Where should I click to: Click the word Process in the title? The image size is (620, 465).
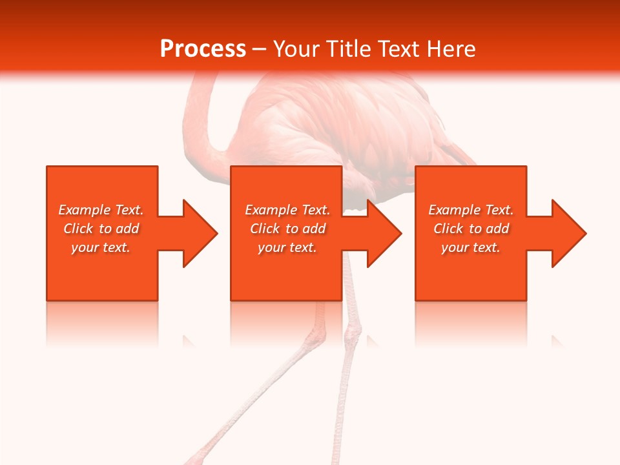(203, 49)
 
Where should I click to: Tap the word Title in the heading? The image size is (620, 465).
(347, 49)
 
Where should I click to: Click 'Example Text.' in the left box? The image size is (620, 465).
(101, 210)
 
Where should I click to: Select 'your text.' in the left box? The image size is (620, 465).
(101, 247)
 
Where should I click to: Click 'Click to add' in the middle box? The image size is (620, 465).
(287, 229)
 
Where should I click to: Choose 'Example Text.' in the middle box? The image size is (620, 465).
(287, 210)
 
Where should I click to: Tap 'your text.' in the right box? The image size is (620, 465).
(470, 247)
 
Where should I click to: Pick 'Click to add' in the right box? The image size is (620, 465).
(471, 229)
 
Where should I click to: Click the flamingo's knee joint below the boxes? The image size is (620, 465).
(353, 335)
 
